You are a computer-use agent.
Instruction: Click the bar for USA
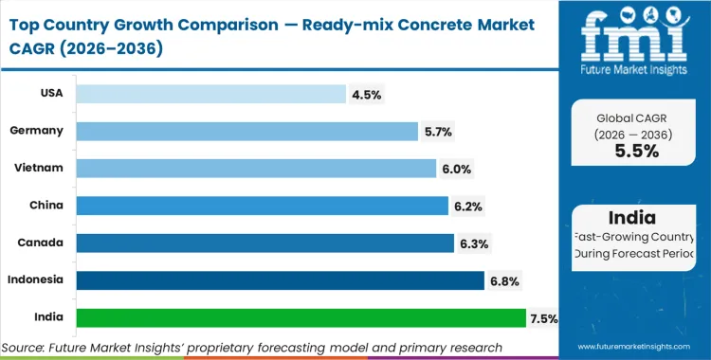click(210, 94)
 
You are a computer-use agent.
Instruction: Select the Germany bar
click(246, 131)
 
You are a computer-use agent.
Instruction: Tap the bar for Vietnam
click(256, 169)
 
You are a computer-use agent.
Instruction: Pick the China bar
click(262, 206)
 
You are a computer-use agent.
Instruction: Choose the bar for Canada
click(264, 243)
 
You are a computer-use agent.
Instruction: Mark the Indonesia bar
click(281, 280)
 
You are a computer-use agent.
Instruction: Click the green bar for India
click(301, 318)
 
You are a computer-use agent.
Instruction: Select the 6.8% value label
click(504, 280)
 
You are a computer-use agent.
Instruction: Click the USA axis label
click(50, 94)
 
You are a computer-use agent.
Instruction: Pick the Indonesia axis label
click(37, 280)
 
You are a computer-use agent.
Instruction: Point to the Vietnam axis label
click(40, 169)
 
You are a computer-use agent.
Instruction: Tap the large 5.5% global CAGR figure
click(636, 152)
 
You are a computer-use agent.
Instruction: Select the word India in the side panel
click(637, 218)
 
